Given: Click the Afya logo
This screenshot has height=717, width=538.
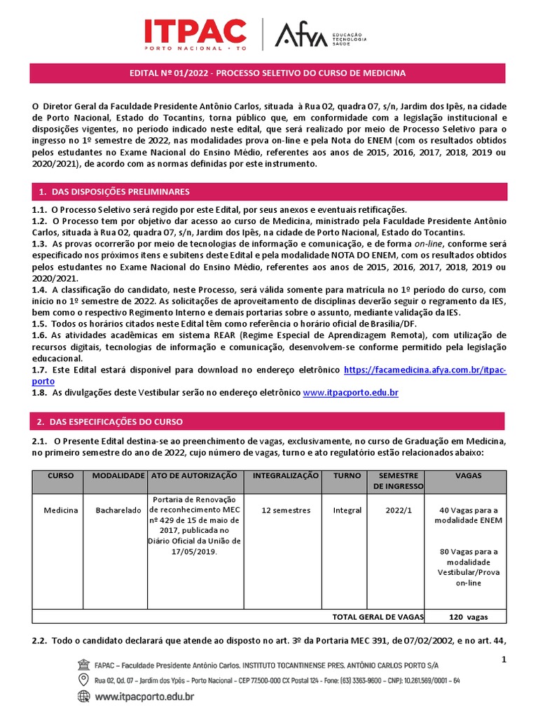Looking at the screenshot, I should pos(301,34).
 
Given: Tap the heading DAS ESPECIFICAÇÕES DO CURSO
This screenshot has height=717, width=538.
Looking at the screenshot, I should pos(112,422).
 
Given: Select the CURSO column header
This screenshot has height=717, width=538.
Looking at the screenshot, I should pos(60,475).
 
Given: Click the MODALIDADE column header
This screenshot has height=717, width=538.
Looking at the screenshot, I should pos(113,475).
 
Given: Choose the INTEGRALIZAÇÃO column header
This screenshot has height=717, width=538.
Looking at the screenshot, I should pos(285,475).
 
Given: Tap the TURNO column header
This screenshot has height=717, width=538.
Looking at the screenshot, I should pos(347,475).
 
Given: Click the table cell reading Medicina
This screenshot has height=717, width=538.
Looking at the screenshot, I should pos(61,510).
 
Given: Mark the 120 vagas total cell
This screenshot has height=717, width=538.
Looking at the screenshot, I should pos(468,617).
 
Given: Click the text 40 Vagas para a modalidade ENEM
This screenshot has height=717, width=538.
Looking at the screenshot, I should pos(468,515).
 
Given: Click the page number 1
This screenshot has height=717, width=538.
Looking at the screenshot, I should pos(503,660).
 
